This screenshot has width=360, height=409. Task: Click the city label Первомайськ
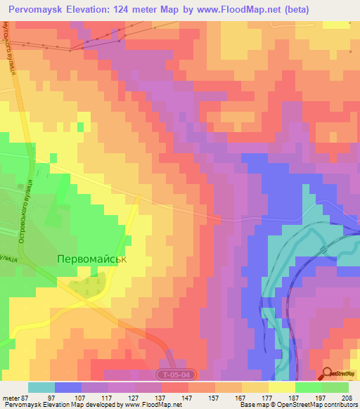(92, 259)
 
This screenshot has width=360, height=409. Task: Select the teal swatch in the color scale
(41, 387)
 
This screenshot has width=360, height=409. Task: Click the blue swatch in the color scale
(67, 387)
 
